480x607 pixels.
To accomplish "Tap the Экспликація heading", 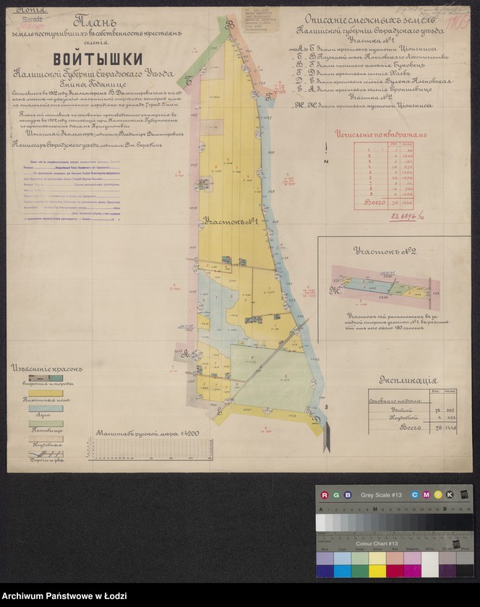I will [408, 380].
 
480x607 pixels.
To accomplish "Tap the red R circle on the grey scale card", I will [325, 494].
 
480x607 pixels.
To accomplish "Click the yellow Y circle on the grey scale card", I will [439, 494].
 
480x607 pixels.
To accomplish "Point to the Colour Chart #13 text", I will [377, 543].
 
